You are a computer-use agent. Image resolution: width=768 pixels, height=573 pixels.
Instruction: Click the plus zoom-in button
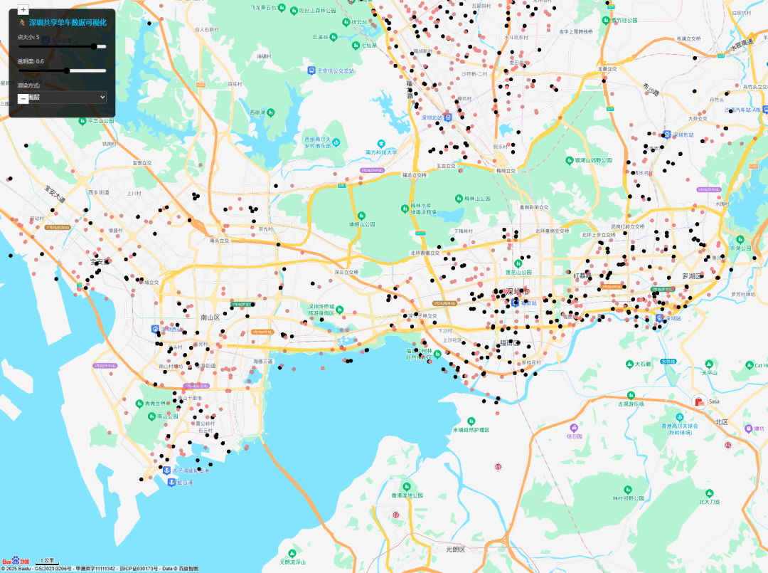[x=23, y=10]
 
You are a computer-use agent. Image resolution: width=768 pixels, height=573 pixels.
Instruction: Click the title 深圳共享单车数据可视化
[x=68, y=23]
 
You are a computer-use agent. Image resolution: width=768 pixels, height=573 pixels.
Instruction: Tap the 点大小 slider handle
[x=94, y=46]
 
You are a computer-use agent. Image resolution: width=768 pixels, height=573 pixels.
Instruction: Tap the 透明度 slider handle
[x=67, y=70]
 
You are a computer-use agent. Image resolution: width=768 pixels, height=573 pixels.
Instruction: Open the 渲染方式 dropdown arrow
[x=102, y=97]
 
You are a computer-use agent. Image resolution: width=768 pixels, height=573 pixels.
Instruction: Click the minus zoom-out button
[x=23, y=98]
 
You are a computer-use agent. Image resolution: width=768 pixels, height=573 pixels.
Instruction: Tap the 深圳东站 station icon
[x=666, y=134]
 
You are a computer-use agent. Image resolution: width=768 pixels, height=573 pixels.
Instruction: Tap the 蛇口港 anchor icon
[x=171, y=482]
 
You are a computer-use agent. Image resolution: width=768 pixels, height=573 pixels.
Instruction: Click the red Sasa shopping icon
[x=699, y=401]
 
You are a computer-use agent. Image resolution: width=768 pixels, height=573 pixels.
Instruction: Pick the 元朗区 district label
[x=455, y=549]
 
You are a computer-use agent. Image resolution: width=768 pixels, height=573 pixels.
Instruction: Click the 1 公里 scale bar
[x=48, y=562]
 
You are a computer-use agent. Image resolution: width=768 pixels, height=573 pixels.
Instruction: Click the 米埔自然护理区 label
[x=471, y=430]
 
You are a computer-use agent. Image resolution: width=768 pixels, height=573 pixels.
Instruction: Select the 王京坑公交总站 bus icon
[x=311, y=70]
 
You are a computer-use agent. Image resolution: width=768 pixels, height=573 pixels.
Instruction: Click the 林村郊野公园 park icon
[x=628, y=489]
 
